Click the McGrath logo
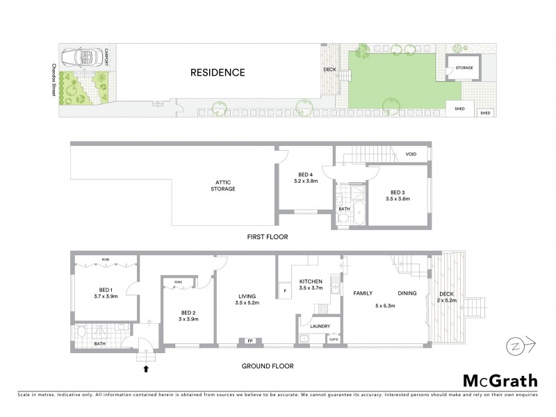pos(499,382)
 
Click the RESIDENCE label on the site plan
pos(218,72)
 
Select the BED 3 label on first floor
pos(397,192)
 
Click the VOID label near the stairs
pos(411,154)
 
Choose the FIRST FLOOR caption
pos(267,237)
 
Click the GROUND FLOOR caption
pos(267,366)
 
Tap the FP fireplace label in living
pos(250,341)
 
